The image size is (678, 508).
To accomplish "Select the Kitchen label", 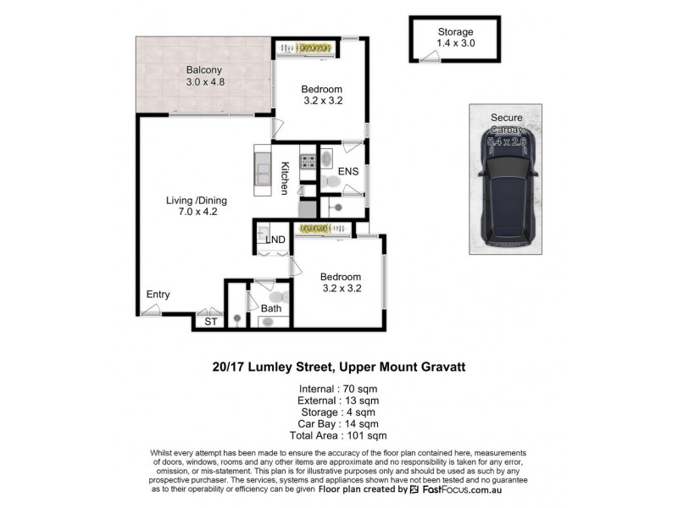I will [286, 179].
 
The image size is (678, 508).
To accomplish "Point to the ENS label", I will [347, 172].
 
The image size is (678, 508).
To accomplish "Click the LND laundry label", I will [275, 240].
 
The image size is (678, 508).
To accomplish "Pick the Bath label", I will [271, 308].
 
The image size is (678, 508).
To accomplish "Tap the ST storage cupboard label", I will [209, 322].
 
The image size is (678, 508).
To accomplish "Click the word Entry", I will [158, 295].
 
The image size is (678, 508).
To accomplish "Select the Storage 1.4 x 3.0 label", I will [456, 37].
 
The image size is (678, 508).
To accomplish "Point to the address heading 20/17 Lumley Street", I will [338, 367].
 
